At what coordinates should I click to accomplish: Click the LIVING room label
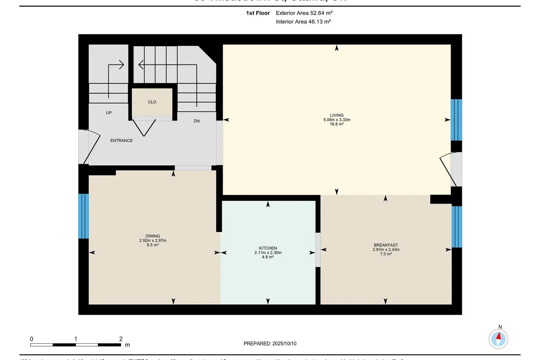(337, 115)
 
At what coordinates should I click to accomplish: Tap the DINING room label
(153, 236)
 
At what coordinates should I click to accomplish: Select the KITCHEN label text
(268, 248)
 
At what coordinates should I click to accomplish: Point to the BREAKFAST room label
(386, 245)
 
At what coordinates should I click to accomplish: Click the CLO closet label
(152, 102)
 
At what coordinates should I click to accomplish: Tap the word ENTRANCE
(121, 140)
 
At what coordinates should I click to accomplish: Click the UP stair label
(109, 113)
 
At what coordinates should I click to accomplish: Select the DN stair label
(197, 121)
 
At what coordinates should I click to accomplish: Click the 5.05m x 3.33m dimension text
(337, 120)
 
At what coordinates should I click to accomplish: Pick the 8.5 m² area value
(153, 245)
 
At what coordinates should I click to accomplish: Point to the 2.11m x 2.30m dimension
(268, 253)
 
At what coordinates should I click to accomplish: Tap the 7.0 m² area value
(386, 254)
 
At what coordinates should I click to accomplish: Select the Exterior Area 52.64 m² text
(304, 13)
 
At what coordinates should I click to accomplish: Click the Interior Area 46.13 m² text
(303, 22)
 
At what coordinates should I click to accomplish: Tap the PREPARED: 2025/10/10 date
(270, 343)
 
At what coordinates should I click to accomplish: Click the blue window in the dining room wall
(84, 216)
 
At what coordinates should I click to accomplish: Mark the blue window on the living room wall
(456, 120)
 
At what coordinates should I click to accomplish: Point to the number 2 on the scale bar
(121, 339)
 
